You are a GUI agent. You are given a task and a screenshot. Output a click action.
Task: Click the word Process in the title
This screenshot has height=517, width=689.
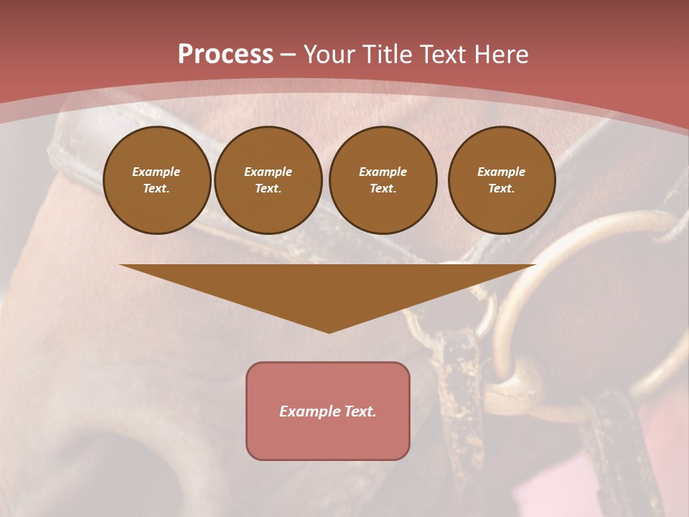[225, 55]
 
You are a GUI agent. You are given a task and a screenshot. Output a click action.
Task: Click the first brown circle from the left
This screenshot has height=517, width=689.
[156, 180]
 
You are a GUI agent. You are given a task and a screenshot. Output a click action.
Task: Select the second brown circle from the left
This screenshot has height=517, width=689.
[268, 180]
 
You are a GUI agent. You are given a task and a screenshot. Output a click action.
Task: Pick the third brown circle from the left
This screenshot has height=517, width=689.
[383, 180]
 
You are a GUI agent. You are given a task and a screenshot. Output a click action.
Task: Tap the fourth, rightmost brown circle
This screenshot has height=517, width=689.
[501, 180]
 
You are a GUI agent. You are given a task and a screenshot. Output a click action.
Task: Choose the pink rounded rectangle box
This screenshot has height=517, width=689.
[328, 411]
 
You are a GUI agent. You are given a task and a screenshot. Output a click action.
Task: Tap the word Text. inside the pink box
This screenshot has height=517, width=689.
[359, 411]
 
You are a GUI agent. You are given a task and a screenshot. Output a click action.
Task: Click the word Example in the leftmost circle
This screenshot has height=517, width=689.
[156, 172]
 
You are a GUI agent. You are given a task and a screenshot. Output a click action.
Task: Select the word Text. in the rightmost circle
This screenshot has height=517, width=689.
[501, 189]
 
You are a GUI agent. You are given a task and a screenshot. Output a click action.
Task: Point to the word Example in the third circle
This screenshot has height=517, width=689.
[383, 172]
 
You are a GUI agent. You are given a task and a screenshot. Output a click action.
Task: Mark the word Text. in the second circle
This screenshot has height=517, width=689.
[268, 189]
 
